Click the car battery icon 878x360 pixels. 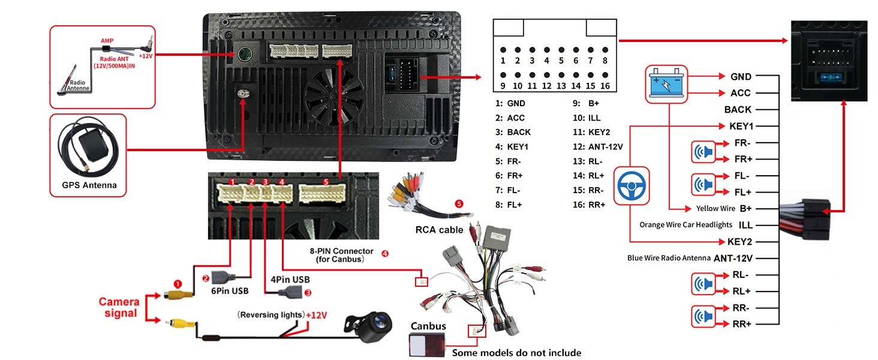pos(666,83)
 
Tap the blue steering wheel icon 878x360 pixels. pos(631,186)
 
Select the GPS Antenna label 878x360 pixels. pos(89,185)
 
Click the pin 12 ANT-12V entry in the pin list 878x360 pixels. pos(598,146)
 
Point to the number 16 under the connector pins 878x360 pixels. pos(605,86)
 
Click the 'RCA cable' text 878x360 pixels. pos(439,230)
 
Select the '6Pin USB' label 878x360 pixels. pos(230,291)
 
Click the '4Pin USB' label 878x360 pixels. pos(290,280)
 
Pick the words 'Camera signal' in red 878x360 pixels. pos(119,307)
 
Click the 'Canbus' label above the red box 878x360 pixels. pos(428,326)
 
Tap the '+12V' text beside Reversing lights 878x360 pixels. pos(316,315)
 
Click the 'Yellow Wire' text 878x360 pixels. pos(715,209)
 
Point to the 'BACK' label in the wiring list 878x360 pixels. pos(738,110)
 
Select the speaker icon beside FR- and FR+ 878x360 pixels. pos(703,151)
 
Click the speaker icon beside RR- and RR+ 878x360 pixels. pos(703,316)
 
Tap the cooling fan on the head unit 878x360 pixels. pos(334,97)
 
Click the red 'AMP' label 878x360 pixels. pos(107,41)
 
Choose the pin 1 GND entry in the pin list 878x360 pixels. pos(510,104)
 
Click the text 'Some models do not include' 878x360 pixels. pos(516,353)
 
